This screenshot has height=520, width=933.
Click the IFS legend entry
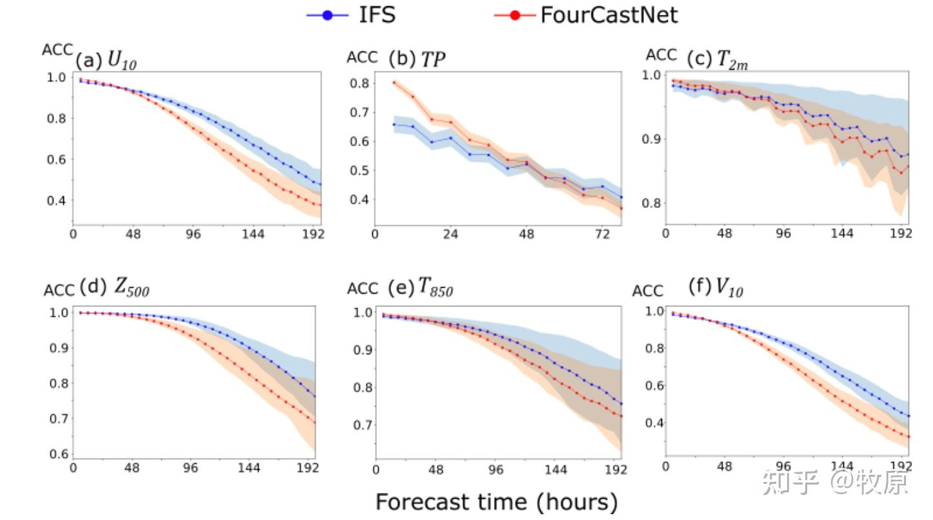click(x=352, y=15)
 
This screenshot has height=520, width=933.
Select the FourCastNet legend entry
click(x=586, y=15)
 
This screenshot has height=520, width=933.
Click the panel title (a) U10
click(x=106, y=61)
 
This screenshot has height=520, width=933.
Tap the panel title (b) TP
click(x=417, y=59)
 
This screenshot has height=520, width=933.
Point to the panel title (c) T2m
click(x=717, y=60)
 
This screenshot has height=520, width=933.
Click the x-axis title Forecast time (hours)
click(x=497, y=502)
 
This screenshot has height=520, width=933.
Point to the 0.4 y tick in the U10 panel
click(x=56, y=201)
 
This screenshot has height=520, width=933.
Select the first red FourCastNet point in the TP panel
click(x=394, y=82)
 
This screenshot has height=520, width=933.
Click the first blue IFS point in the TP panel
click(x=394, y=125)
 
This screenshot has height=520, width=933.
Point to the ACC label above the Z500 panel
click(x=59, y=290)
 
